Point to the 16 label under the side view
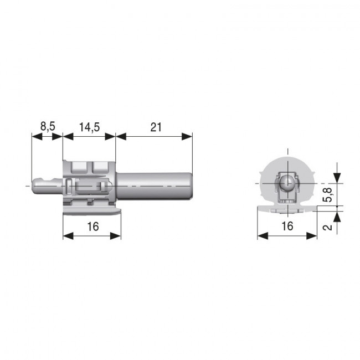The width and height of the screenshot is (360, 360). coord(92,226)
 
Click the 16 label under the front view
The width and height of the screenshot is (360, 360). coord(287,226)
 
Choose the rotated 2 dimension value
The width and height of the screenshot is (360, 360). coord(328,226)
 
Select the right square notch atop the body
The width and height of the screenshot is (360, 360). coord(100,166)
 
